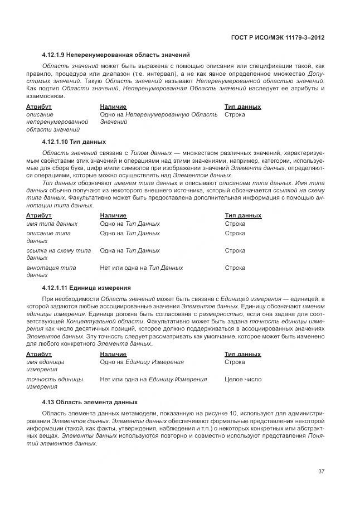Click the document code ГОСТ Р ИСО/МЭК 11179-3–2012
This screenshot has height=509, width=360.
(278, 38)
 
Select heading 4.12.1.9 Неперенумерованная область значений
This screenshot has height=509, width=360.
(116, 55)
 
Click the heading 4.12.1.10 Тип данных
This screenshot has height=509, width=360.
(74, 142)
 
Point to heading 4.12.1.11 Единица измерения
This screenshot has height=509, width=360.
(86, 288)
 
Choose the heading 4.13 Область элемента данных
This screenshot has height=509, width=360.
(90, 402)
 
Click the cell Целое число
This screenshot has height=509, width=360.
(243, 380)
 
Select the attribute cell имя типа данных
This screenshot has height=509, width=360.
(52, 224)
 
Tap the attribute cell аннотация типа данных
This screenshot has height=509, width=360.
(51, 272)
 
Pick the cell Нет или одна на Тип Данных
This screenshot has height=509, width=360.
(142, 268)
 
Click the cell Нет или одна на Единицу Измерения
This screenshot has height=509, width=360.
(153, 380)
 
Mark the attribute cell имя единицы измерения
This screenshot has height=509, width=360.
(45, 366)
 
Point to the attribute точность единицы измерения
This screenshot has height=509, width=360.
(55, 383)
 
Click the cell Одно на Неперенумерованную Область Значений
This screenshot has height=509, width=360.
(158, 118)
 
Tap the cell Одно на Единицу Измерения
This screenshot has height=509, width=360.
(142, 362)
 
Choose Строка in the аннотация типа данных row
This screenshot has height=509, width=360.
(235, 268)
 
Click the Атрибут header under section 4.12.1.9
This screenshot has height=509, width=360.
(39, 106)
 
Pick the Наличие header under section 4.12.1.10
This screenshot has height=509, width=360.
(113, 216)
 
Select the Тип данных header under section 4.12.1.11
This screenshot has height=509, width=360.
(242, 354)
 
